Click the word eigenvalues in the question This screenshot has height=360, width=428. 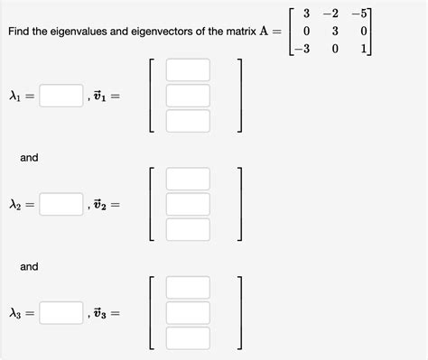pos(74,32)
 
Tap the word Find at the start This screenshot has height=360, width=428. pos(19,32)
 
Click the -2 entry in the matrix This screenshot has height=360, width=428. pos(333,14)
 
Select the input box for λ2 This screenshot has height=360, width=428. pos(61,205)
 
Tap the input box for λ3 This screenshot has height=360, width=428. pos(61,313)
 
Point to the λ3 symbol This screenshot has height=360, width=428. pos(15,314)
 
